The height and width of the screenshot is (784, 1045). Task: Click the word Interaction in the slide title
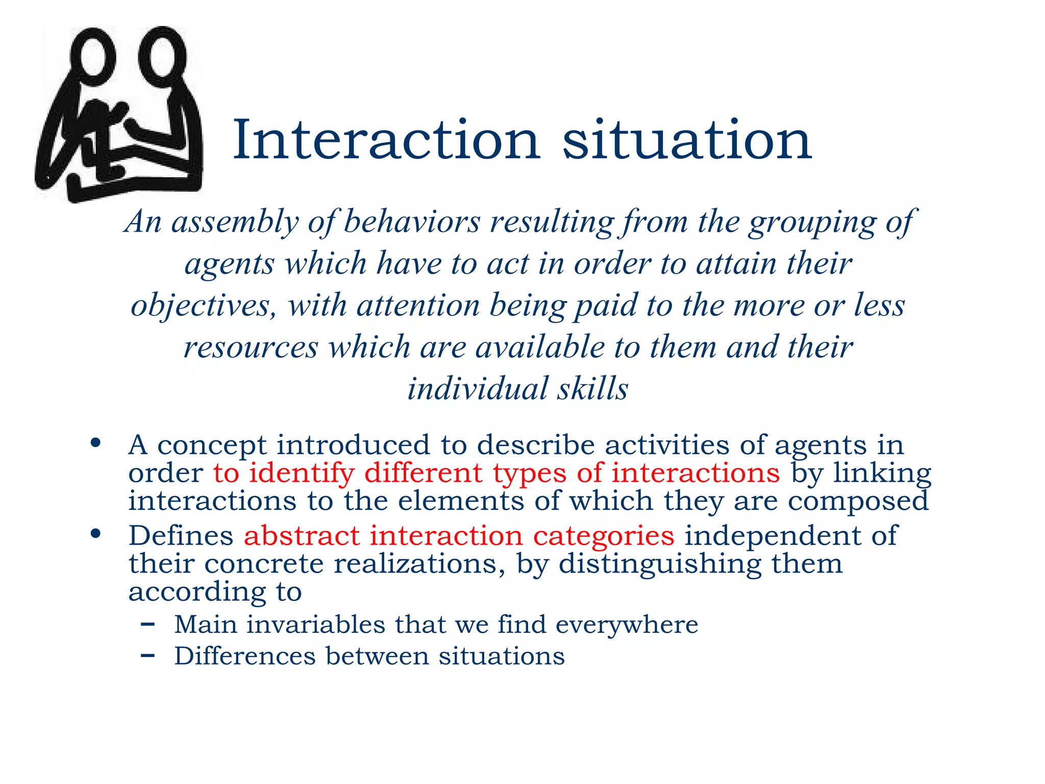pos(386,140)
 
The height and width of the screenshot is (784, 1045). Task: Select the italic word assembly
pos(235,223)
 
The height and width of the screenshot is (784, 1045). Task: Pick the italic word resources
pos(251,348)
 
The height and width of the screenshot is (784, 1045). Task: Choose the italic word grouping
pos(812,223)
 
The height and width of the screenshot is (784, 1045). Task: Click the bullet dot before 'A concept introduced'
pos(95,443)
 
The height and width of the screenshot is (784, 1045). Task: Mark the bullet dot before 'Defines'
pos(95,534)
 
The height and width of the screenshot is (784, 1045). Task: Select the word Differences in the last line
pos(245,656)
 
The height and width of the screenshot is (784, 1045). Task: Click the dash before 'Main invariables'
pos(147,624)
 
